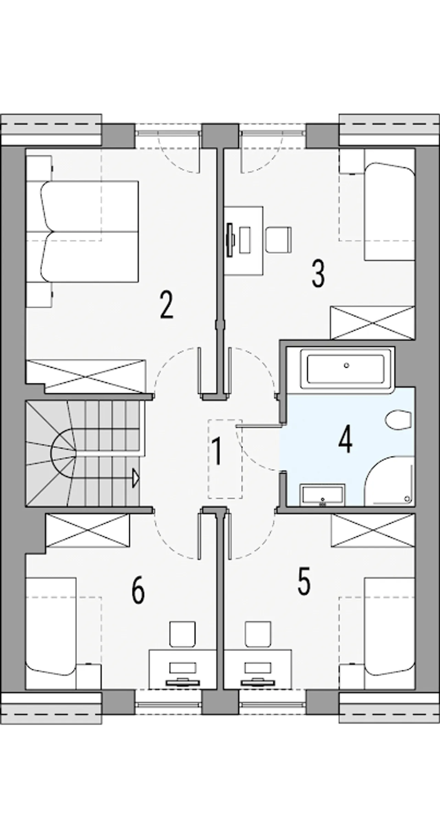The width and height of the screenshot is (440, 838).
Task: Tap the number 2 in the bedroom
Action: coord(167,305)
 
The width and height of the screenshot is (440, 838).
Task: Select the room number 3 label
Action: coord(318,273)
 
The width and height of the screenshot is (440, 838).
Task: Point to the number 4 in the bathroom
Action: coord(345,439)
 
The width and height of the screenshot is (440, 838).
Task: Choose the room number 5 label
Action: coord(304,581)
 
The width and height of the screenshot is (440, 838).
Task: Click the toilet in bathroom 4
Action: coord(398,420)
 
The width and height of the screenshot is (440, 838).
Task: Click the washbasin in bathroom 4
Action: coord(322,495)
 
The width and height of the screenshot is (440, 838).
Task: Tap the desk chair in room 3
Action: coord(278,239)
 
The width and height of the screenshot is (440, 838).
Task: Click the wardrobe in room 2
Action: coord(86,377)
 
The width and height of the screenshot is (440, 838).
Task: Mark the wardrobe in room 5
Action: coord(373,530)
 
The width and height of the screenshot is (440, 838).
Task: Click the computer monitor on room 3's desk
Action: coord(230,239)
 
